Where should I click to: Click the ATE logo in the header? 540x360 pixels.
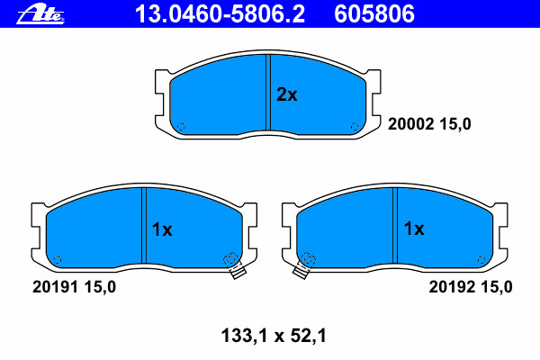tap(40, 14)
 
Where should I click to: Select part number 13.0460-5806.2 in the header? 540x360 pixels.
tap(220, 14)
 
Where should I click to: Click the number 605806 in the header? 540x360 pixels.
tap(374, 14)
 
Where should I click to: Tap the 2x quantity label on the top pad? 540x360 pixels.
tap(287, 94)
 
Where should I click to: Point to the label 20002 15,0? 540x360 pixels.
tap(429, 124)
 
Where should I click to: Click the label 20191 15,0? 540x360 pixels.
tap(74, 286)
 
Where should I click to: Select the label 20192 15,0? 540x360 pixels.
tap(471, 286)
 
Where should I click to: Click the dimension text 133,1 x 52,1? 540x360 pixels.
tap(274, 336)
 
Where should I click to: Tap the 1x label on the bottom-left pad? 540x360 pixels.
tap(162, 229)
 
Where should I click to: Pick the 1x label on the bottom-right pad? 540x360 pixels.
tap(414, 229)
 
